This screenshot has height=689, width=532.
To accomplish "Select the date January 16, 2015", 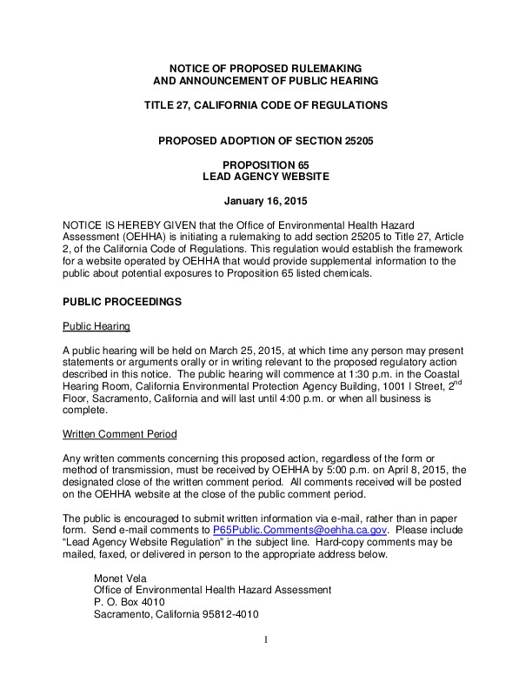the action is click(x=266, y=204).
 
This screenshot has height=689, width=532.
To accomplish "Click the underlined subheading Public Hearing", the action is click(x=96, y=327).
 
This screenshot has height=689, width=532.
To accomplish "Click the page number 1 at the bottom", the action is click(x=267, y=642).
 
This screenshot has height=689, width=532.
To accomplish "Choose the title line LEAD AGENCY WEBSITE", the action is click(x=266, y=177).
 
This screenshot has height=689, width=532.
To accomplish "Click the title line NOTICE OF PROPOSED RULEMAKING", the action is click(x=266, y=68).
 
